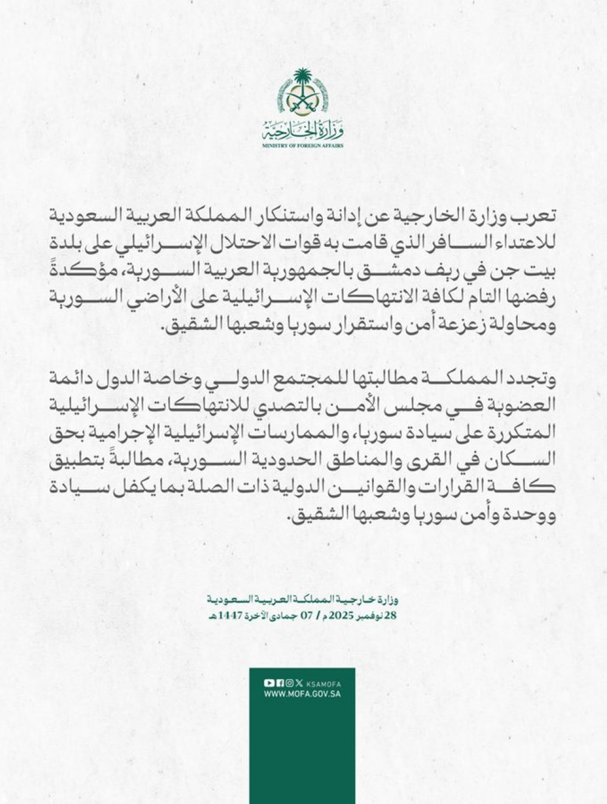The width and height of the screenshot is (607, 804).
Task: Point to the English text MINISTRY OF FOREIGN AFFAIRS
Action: (302, 146)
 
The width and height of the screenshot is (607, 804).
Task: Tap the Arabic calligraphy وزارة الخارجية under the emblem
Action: (302, 130)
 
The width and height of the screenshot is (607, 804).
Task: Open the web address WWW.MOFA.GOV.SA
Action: (302, 694)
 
